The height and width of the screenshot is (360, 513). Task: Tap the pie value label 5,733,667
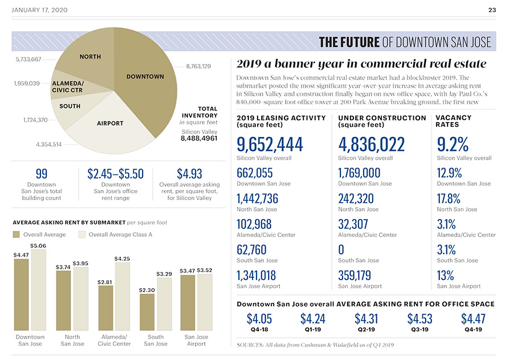(28, 59)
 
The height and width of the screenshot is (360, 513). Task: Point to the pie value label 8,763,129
(198, 67)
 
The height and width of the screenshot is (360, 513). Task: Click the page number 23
(492, 10)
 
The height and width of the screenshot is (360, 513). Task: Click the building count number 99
(41, 173)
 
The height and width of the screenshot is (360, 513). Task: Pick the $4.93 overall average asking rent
(189, 173)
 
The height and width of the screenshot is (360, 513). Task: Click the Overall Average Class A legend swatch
(82, 234)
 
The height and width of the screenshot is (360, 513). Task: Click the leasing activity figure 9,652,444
(270, 144)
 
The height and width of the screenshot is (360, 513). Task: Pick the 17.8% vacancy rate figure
(449, 198)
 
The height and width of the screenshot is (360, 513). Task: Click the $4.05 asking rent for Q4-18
(259, 319)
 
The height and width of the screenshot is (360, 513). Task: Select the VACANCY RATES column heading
(453, 121)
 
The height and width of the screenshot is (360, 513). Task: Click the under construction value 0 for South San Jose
(341, 249)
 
